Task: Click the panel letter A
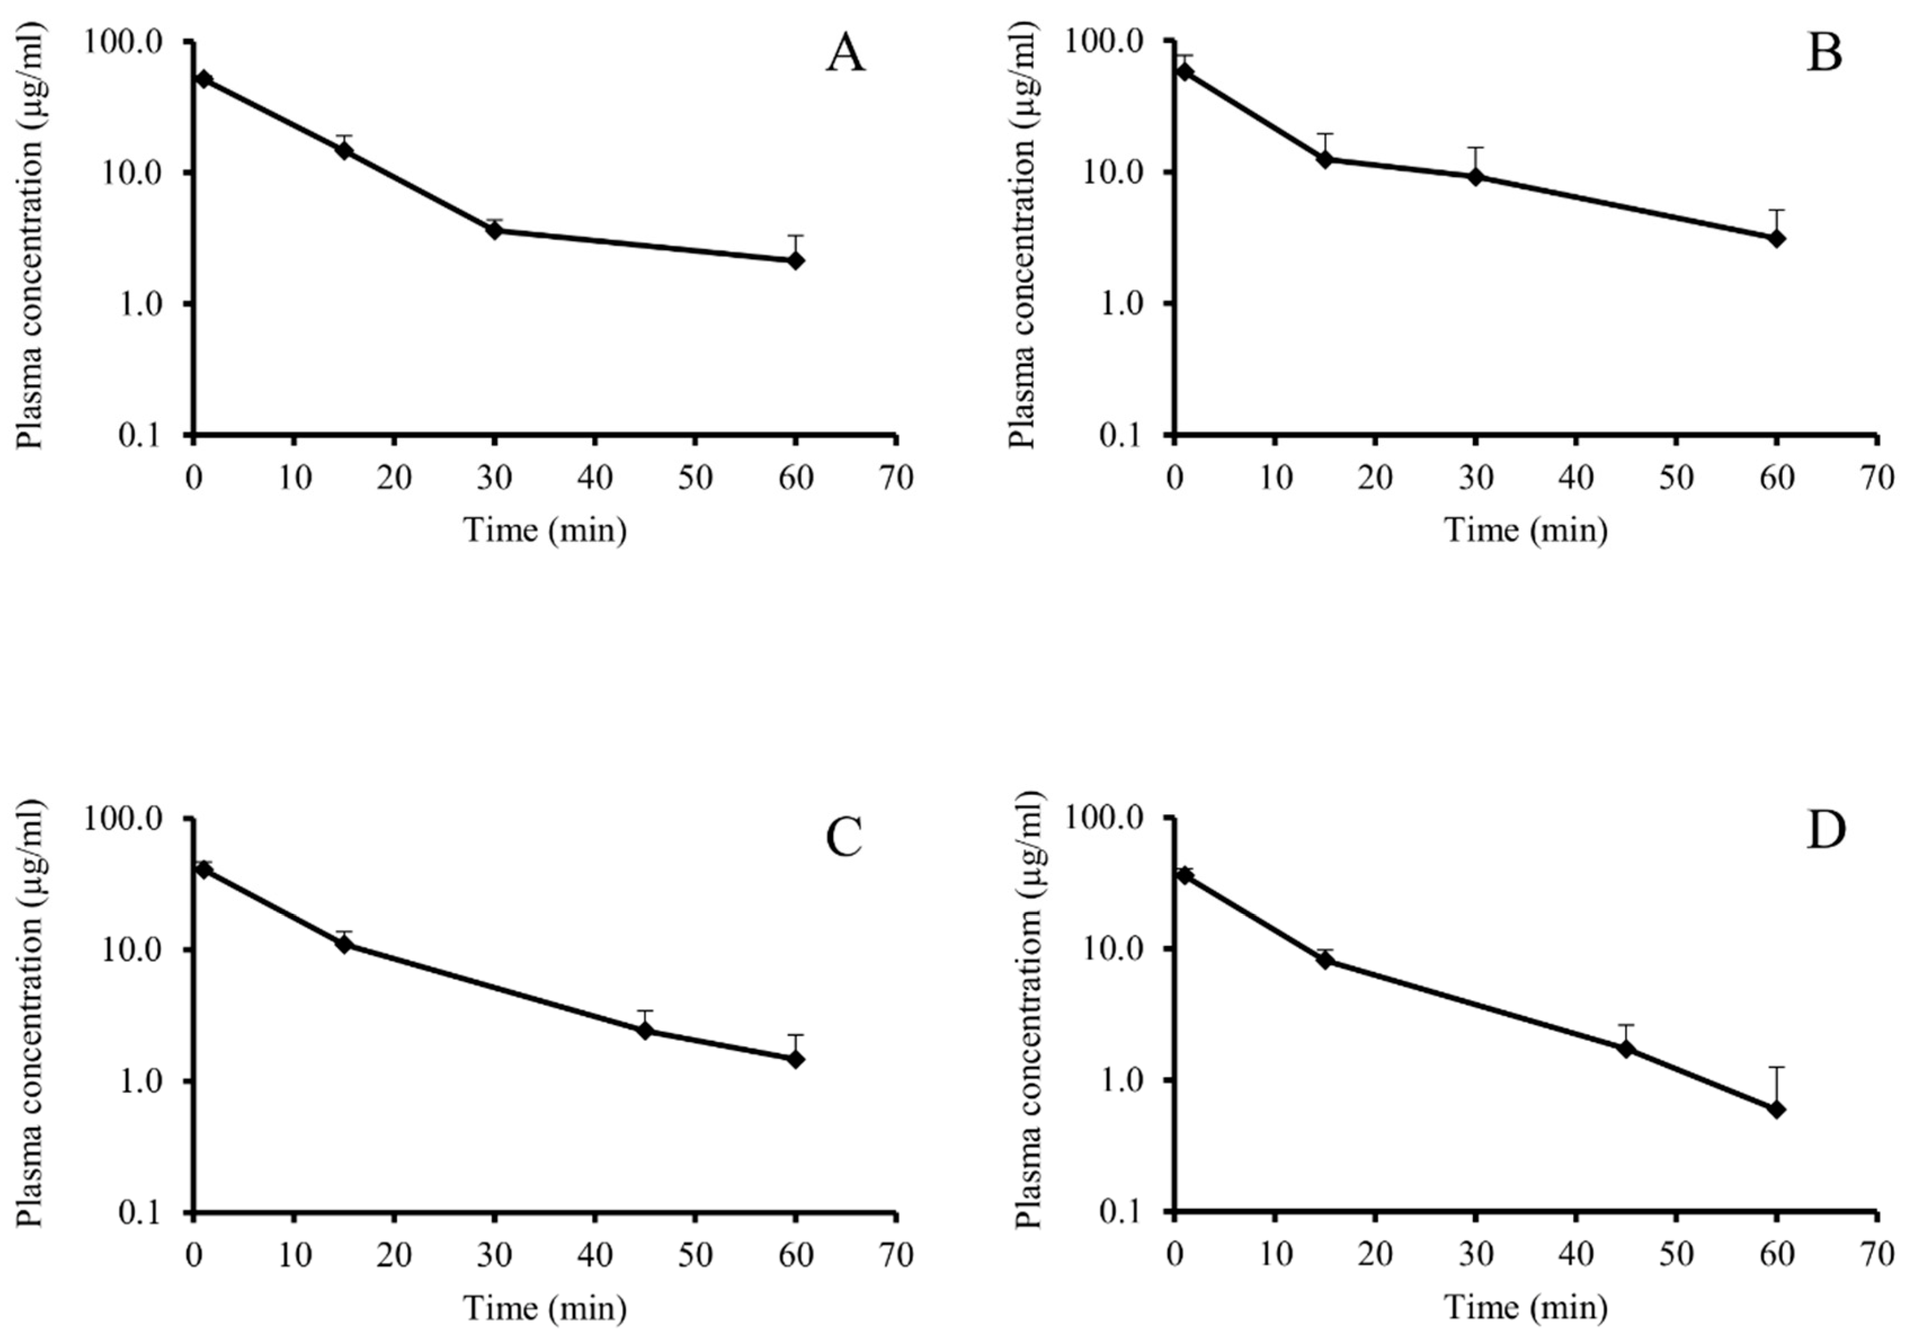pos(845,55)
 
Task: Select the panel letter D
pos(1826,832)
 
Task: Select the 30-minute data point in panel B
pos(1475,177)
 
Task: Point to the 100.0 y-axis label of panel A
pos(133,42)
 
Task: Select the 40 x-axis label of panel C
pos(595,1256)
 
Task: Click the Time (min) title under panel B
pos(1525,530)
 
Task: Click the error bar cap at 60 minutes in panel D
pos(1777,1067)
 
